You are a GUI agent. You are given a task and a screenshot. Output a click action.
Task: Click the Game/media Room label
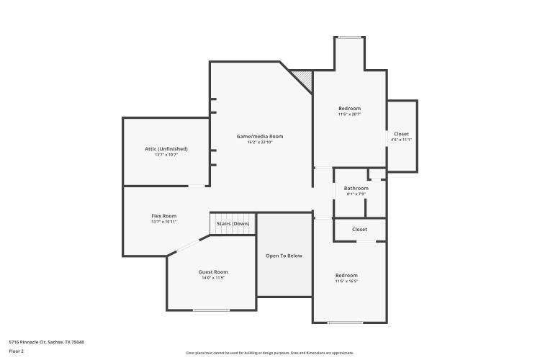tap(260, 136)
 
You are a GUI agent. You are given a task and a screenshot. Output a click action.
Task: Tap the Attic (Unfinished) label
tap(166, 149)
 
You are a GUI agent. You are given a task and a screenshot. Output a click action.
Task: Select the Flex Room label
tap(163, 216)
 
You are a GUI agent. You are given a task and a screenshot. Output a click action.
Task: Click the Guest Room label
tap(213, 271)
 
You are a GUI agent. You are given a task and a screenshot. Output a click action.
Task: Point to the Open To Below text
tap(284, 256)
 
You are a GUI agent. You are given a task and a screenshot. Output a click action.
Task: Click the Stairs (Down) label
tap(233, 224)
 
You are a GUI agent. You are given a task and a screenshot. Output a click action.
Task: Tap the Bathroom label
tap(356, 188)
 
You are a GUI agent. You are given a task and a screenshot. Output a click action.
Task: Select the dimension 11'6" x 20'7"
tap(349, 114)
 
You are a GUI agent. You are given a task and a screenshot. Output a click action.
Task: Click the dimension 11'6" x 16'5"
tap(346, 282)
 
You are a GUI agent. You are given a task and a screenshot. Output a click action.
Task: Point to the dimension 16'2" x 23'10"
tap(260, 143)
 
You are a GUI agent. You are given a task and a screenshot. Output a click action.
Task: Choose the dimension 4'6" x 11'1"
tap(401, 140)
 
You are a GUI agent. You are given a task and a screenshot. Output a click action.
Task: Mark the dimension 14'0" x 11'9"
tap(213, 278)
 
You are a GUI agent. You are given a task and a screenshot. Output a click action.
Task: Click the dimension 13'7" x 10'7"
tap(166, 155)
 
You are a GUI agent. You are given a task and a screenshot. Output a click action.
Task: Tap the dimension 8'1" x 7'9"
tap(356, 194)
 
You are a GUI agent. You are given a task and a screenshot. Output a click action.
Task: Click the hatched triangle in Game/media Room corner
tap(304, 78)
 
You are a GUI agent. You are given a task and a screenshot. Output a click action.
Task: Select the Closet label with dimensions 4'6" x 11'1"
tap(401, 134)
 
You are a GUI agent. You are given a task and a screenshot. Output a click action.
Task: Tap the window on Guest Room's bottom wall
tap(212, 310)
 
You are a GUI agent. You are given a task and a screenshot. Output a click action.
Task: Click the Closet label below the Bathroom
tap(359, 230)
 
